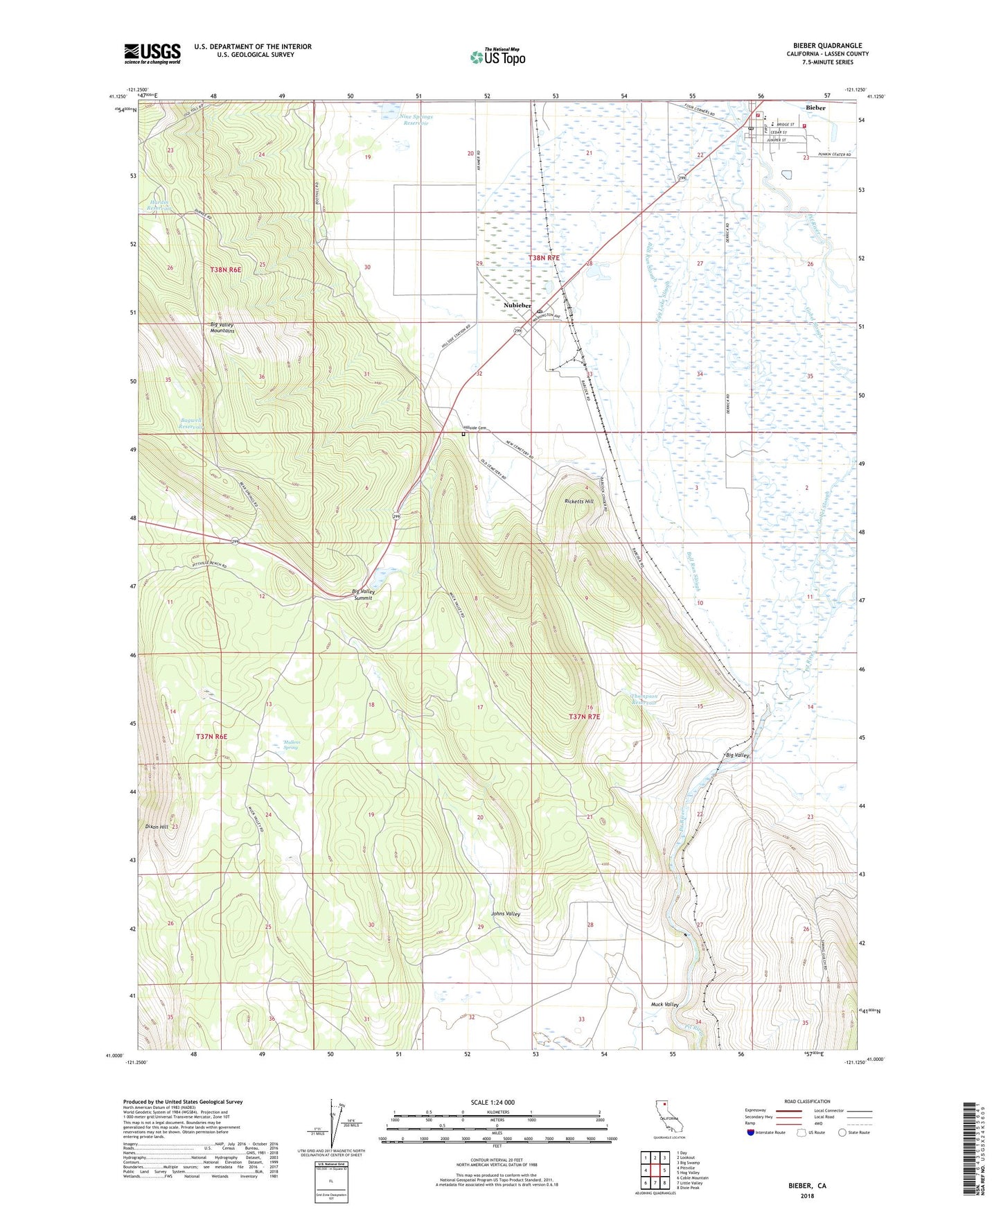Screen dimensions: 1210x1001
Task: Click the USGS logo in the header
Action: coord(152,53)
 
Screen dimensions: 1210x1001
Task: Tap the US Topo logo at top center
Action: coord(497,57)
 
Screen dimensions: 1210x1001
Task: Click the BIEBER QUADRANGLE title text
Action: coord(827,46)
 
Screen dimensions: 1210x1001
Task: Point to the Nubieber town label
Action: coord(517,305)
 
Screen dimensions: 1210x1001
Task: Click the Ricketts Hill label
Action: coord(578,501)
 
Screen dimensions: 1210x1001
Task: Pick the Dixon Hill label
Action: coord(157,827)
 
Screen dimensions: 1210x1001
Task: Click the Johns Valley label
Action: coord(505,913)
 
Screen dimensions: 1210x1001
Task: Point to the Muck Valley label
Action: coord(664,1004)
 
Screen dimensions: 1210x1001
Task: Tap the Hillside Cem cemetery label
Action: coord(476,428)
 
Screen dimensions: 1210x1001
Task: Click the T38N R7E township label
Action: coord(543,258)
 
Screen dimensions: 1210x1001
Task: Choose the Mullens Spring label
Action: coord(291,745)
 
